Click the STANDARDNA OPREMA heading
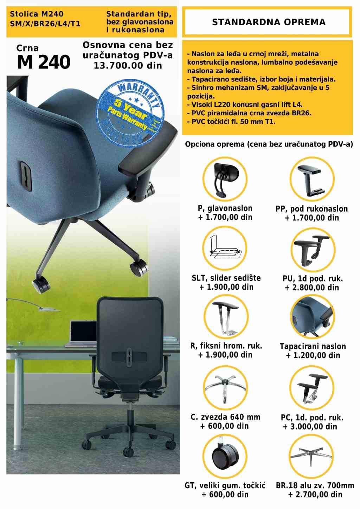(x=269, y=22)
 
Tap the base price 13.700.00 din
(x=128, y=66)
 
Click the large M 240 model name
(x=44, y=62)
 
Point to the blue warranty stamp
(x=130, y=113)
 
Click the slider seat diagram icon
(x=225, y=248)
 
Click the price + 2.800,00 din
(x=312, y=288)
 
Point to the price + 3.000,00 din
(x=310, y=426)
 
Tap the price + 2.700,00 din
(x=315, y=495)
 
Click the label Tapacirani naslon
(x=313, y=346)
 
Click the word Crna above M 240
(x=27, y=48)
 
